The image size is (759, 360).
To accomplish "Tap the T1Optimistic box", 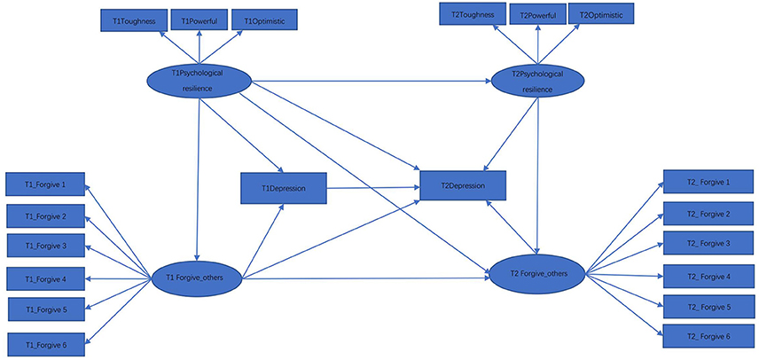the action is click(264, 20).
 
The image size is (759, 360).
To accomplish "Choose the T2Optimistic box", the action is click(600, 15).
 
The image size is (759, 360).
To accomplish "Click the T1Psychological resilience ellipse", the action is click(199, 82).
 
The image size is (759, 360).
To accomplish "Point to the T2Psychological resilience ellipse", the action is click(537, 81).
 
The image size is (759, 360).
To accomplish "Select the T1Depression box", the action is click(284, 188).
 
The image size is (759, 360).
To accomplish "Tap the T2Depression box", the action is click(463, 185).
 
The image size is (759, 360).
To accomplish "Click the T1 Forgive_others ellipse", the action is click(197, 278).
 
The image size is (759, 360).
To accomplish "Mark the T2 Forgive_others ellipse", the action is click(538, 274).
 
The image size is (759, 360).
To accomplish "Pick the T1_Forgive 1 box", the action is click(45, 184).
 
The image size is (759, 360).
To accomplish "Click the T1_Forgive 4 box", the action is click(46, 278).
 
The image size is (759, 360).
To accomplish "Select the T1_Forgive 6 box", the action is click(47, 345).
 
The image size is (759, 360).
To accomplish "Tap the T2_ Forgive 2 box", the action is click(708, 214).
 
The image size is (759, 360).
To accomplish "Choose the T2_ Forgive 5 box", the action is click(708, 307).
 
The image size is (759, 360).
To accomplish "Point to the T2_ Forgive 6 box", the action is click(708, 336).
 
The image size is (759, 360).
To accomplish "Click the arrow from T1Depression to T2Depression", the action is click(373, 187).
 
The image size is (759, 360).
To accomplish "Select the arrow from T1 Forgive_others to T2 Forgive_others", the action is click(366, 278).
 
